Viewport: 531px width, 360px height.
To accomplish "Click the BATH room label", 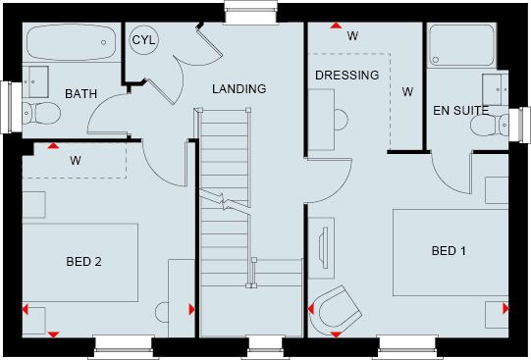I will (x=80, y=94).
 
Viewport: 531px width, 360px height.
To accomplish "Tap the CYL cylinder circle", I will (x=144, y=41).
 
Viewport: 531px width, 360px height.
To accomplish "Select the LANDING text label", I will (x=239, y=89).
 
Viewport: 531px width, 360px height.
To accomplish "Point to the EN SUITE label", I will (x=460, y=112).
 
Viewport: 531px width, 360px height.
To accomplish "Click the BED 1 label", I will (x=449, y=251).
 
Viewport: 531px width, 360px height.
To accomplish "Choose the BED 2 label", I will (x=84, y=261).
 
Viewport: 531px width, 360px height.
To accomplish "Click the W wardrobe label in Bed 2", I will (x=75, y=159).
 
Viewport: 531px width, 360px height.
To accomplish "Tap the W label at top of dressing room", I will (x=352, y=36).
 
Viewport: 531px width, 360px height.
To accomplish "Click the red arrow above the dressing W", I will (x=335, y=25).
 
